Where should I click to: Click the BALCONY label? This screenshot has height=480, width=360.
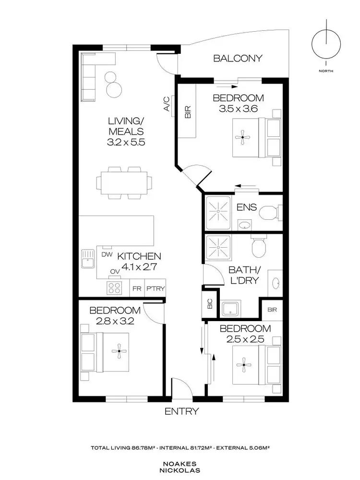tap(238, 59)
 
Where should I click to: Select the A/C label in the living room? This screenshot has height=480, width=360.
tap(166, 104)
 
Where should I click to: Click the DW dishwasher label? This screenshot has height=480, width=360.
tap(107, 255)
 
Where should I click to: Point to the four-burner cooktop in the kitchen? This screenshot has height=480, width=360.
tap(114, 288)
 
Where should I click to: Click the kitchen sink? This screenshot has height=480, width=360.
tap(87, 260)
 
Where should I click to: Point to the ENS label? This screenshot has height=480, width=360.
tap(247, 208)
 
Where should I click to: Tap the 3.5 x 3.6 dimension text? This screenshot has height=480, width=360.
tap(239, 108)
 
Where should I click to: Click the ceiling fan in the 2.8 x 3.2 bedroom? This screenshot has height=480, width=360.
tap(117, 352)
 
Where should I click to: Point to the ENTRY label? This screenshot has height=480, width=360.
tap(181, 411)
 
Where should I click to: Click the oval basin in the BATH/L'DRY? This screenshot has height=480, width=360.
tap(277, 284)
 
